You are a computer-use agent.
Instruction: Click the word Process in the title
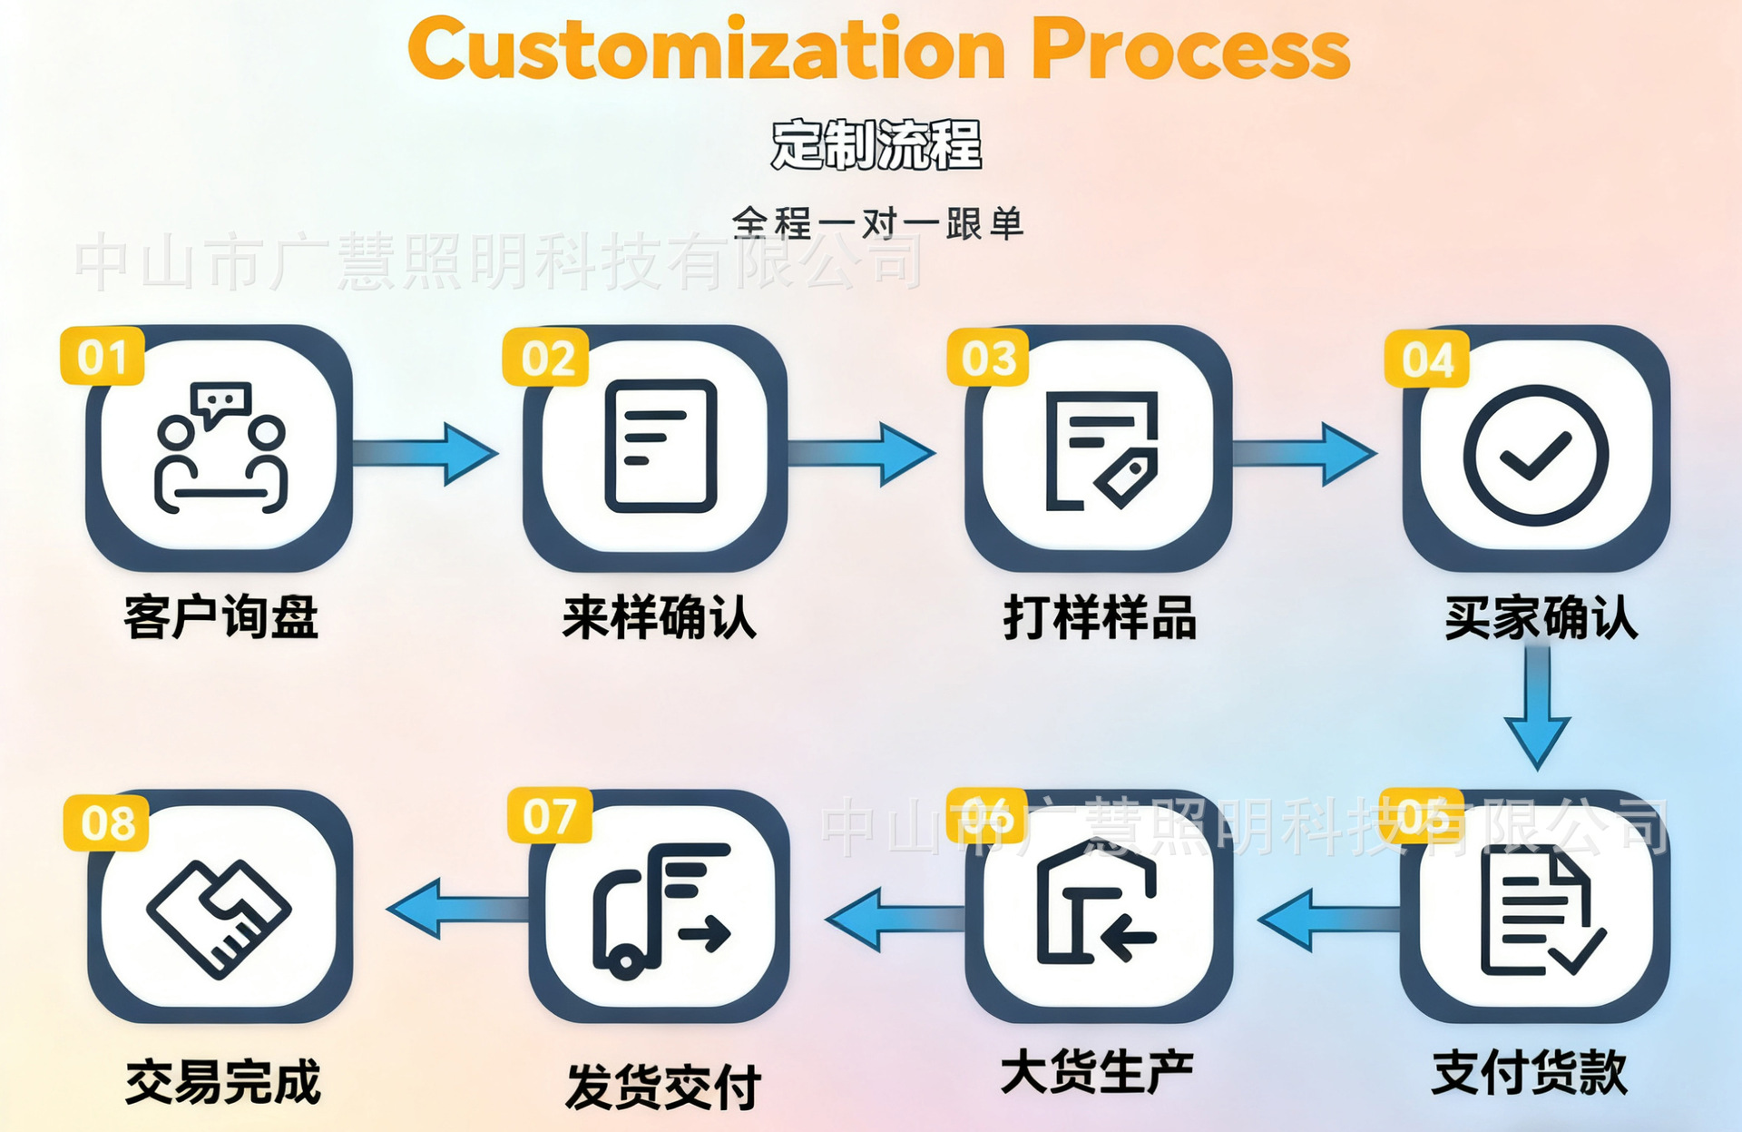(x=1190, y=49)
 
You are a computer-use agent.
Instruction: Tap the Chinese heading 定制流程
(x=876, y=145)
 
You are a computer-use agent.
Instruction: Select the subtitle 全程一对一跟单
(x=877, y=223)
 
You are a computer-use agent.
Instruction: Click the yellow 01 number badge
(x=103, y=357)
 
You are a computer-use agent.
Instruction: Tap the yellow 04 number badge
(x=1426, y=359)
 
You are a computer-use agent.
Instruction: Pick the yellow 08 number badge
(x=107, y=823)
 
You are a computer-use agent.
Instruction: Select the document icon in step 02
(x=661, y=446)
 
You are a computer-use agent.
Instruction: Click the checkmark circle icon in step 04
(x=1535, y=455)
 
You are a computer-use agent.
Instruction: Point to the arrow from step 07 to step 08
(x=458, y=908)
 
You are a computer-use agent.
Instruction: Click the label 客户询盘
(x=221, y=618)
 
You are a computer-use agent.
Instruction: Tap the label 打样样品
(x=1100, y=618)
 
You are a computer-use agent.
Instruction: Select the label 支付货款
(x=1530, y=1073)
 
